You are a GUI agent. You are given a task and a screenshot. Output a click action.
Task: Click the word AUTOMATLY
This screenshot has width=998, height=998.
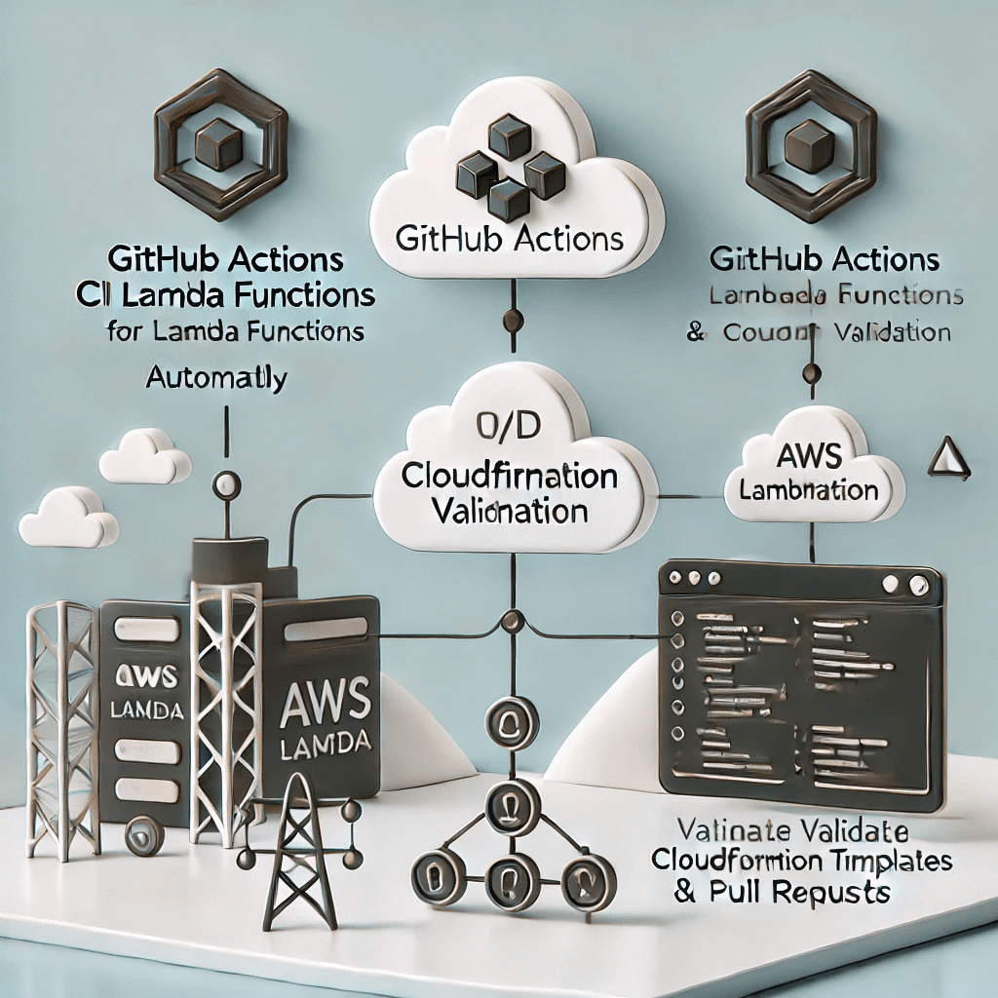pyautogui.click(x=216, y=377)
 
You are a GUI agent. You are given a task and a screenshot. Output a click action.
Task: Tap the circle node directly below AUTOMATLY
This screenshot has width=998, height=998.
pyautogui.click(x=226, y=481)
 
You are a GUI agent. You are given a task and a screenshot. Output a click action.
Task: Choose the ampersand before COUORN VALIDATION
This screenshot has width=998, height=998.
pyautogui.click(x=695, y=332)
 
